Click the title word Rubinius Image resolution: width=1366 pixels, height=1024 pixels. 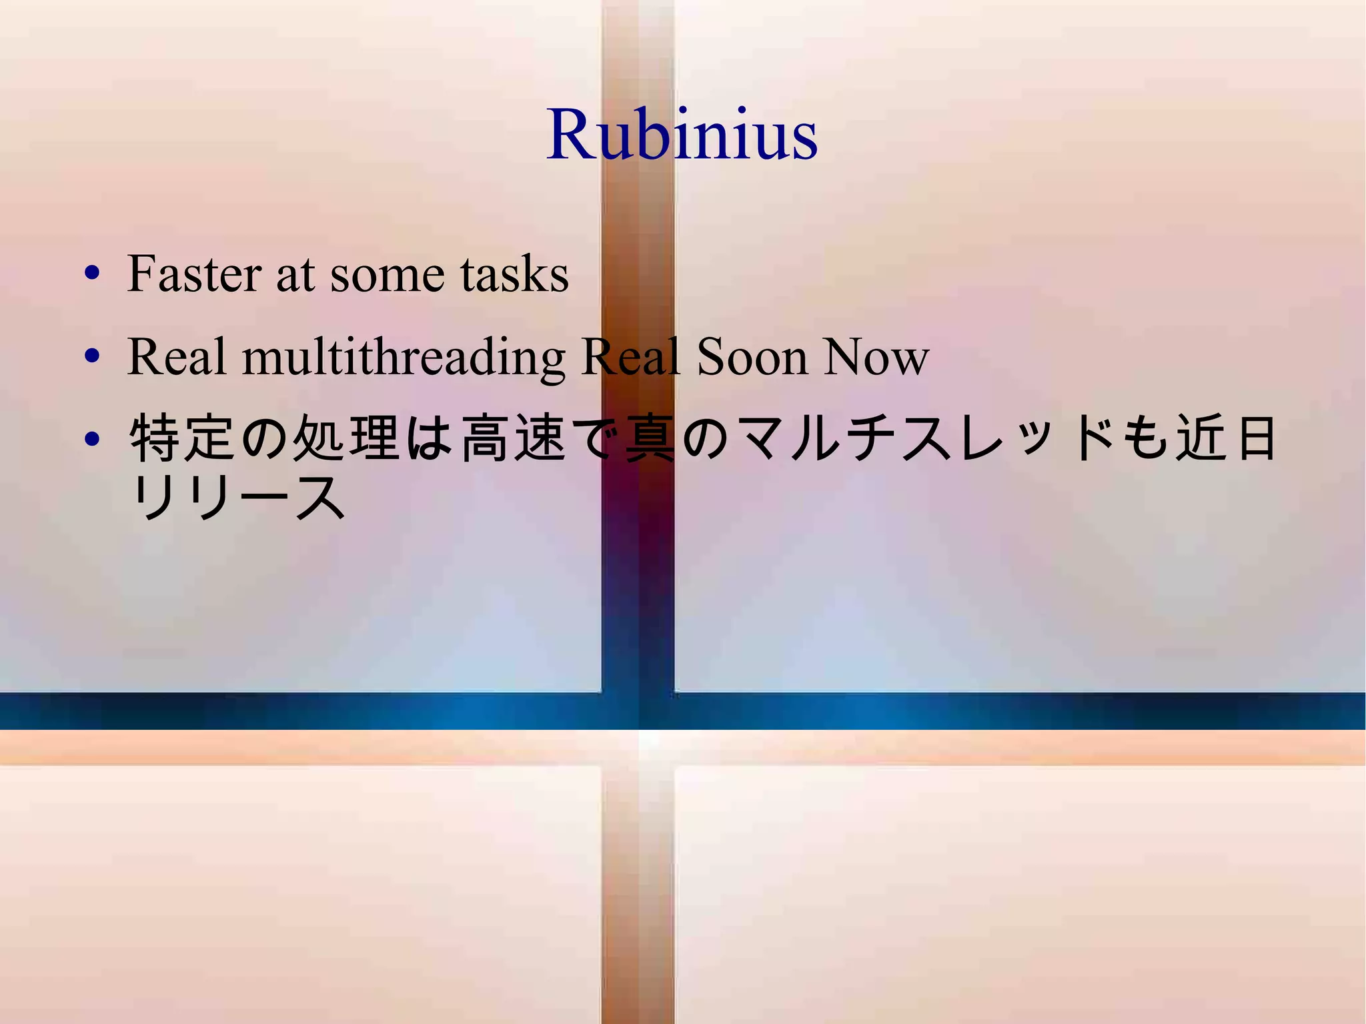click(x=682, y=135)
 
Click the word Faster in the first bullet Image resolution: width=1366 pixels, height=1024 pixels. click(x=194, y=274)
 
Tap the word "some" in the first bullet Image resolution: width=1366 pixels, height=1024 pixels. click(x=387, y=275)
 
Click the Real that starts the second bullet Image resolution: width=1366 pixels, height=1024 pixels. click(x=177, y=358)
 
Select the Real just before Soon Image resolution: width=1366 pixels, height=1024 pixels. click(x=631, y=358)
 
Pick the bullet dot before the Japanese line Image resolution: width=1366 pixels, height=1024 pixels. click(x=93, y=438)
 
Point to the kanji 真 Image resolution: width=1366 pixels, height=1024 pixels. click(x=650, y=438)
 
